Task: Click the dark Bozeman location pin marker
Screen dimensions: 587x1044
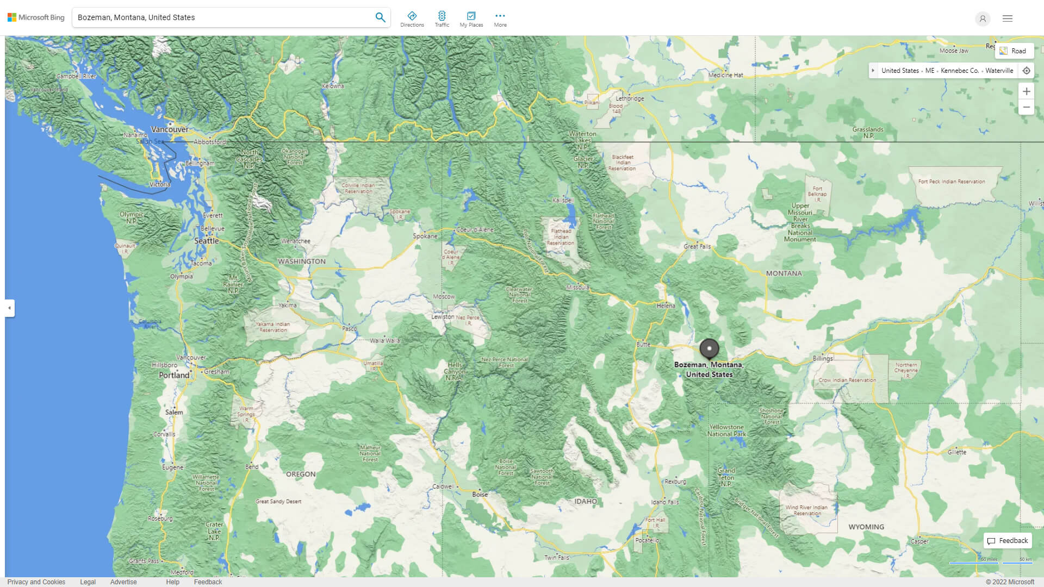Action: (709, 348)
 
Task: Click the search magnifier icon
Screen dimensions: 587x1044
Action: (380, 17)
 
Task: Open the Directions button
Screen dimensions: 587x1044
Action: (412, 19)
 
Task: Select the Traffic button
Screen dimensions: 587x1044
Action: (442, 19)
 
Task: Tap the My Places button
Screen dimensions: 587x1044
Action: (471, 19)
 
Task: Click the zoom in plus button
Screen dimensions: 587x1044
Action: (1026, 91)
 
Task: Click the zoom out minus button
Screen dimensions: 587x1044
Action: (1026, 107)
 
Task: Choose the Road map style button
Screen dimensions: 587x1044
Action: (1014, 51)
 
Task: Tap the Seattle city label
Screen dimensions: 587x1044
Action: (207, 241)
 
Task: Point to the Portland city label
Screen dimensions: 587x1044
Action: (174, 375)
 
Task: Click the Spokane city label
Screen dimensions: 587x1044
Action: (425, 236)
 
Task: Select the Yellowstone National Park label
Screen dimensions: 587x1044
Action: (726, 430)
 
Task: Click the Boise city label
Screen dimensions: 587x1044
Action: (480, 494)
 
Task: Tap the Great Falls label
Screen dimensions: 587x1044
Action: (697, 246)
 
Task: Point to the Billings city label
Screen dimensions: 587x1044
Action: (822, 358)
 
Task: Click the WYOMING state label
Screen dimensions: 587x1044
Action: (866, 527)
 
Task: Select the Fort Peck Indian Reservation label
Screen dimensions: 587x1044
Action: (952, 182)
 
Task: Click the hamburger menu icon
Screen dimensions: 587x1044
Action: (1007, 18)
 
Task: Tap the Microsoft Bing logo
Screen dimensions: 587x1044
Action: (36, 17)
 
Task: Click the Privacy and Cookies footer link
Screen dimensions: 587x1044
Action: (36, 582)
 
